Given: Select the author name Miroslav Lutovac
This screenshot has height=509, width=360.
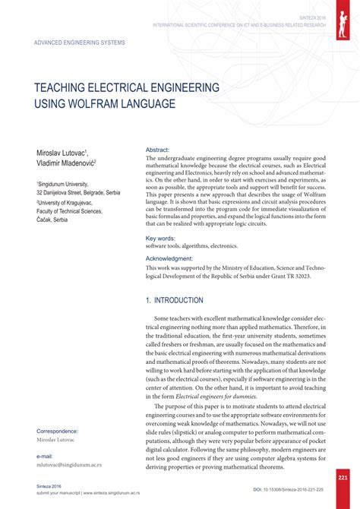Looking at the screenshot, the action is pyautogui.click(x=62, y=153).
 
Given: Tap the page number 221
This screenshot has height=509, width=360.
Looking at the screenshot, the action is pyautogui.click(x=343, y=477).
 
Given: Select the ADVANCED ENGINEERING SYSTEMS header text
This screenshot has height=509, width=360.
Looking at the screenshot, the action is pyautogui.click(x=80, y=42).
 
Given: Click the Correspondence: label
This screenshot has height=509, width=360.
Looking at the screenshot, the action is pyautogui.click(x=59, y=431).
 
